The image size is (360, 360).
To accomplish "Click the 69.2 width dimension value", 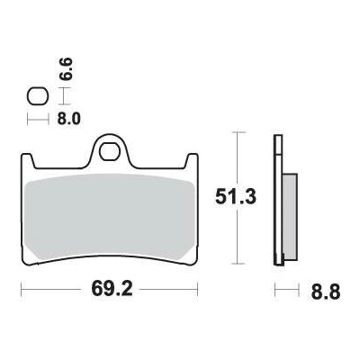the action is click(112, 290).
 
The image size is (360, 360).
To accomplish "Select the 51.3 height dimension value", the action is click(236, 197).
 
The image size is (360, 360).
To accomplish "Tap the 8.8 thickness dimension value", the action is click(326, 292).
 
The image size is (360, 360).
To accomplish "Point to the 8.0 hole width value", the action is click(69, 119).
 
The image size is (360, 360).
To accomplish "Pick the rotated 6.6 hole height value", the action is click(66, 69).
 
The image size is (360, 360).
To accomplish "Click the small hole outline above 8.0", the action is click(38, 96).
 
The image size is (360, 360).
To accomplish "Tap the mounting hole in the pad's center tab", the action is click(109, 152).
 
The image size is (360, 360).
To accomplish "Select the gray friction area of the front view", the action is click(109, 215).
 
